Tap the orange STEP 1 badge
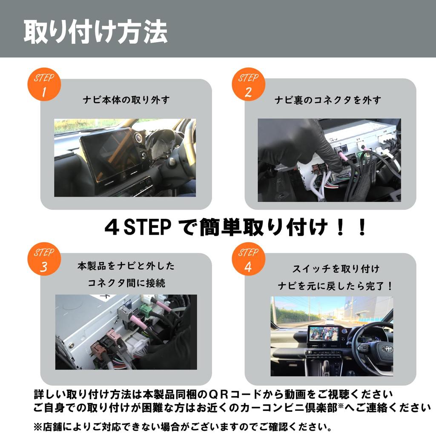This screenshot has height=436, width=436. click(44, 85)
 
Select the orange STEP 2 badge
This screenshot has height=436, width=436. click(248, 85)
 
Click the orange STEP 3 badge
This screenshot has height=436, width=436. click(44, 259)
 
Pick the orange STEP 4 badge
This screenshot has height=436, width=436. click(248, 259)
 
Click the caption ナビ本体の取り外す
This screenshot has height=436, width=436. click(126, 100)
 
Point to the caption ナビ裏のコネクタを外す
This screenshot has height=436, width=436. click(328, 100)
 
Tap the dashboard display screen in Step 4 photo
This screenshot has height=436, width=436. click(323, 333)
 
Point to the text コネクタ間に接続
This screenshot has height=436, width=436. click(126, 283)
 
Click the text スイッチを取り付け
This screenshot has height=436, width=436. click(336, 269)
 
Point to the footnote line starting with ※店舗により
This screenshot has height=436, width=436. click(183, 426)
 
